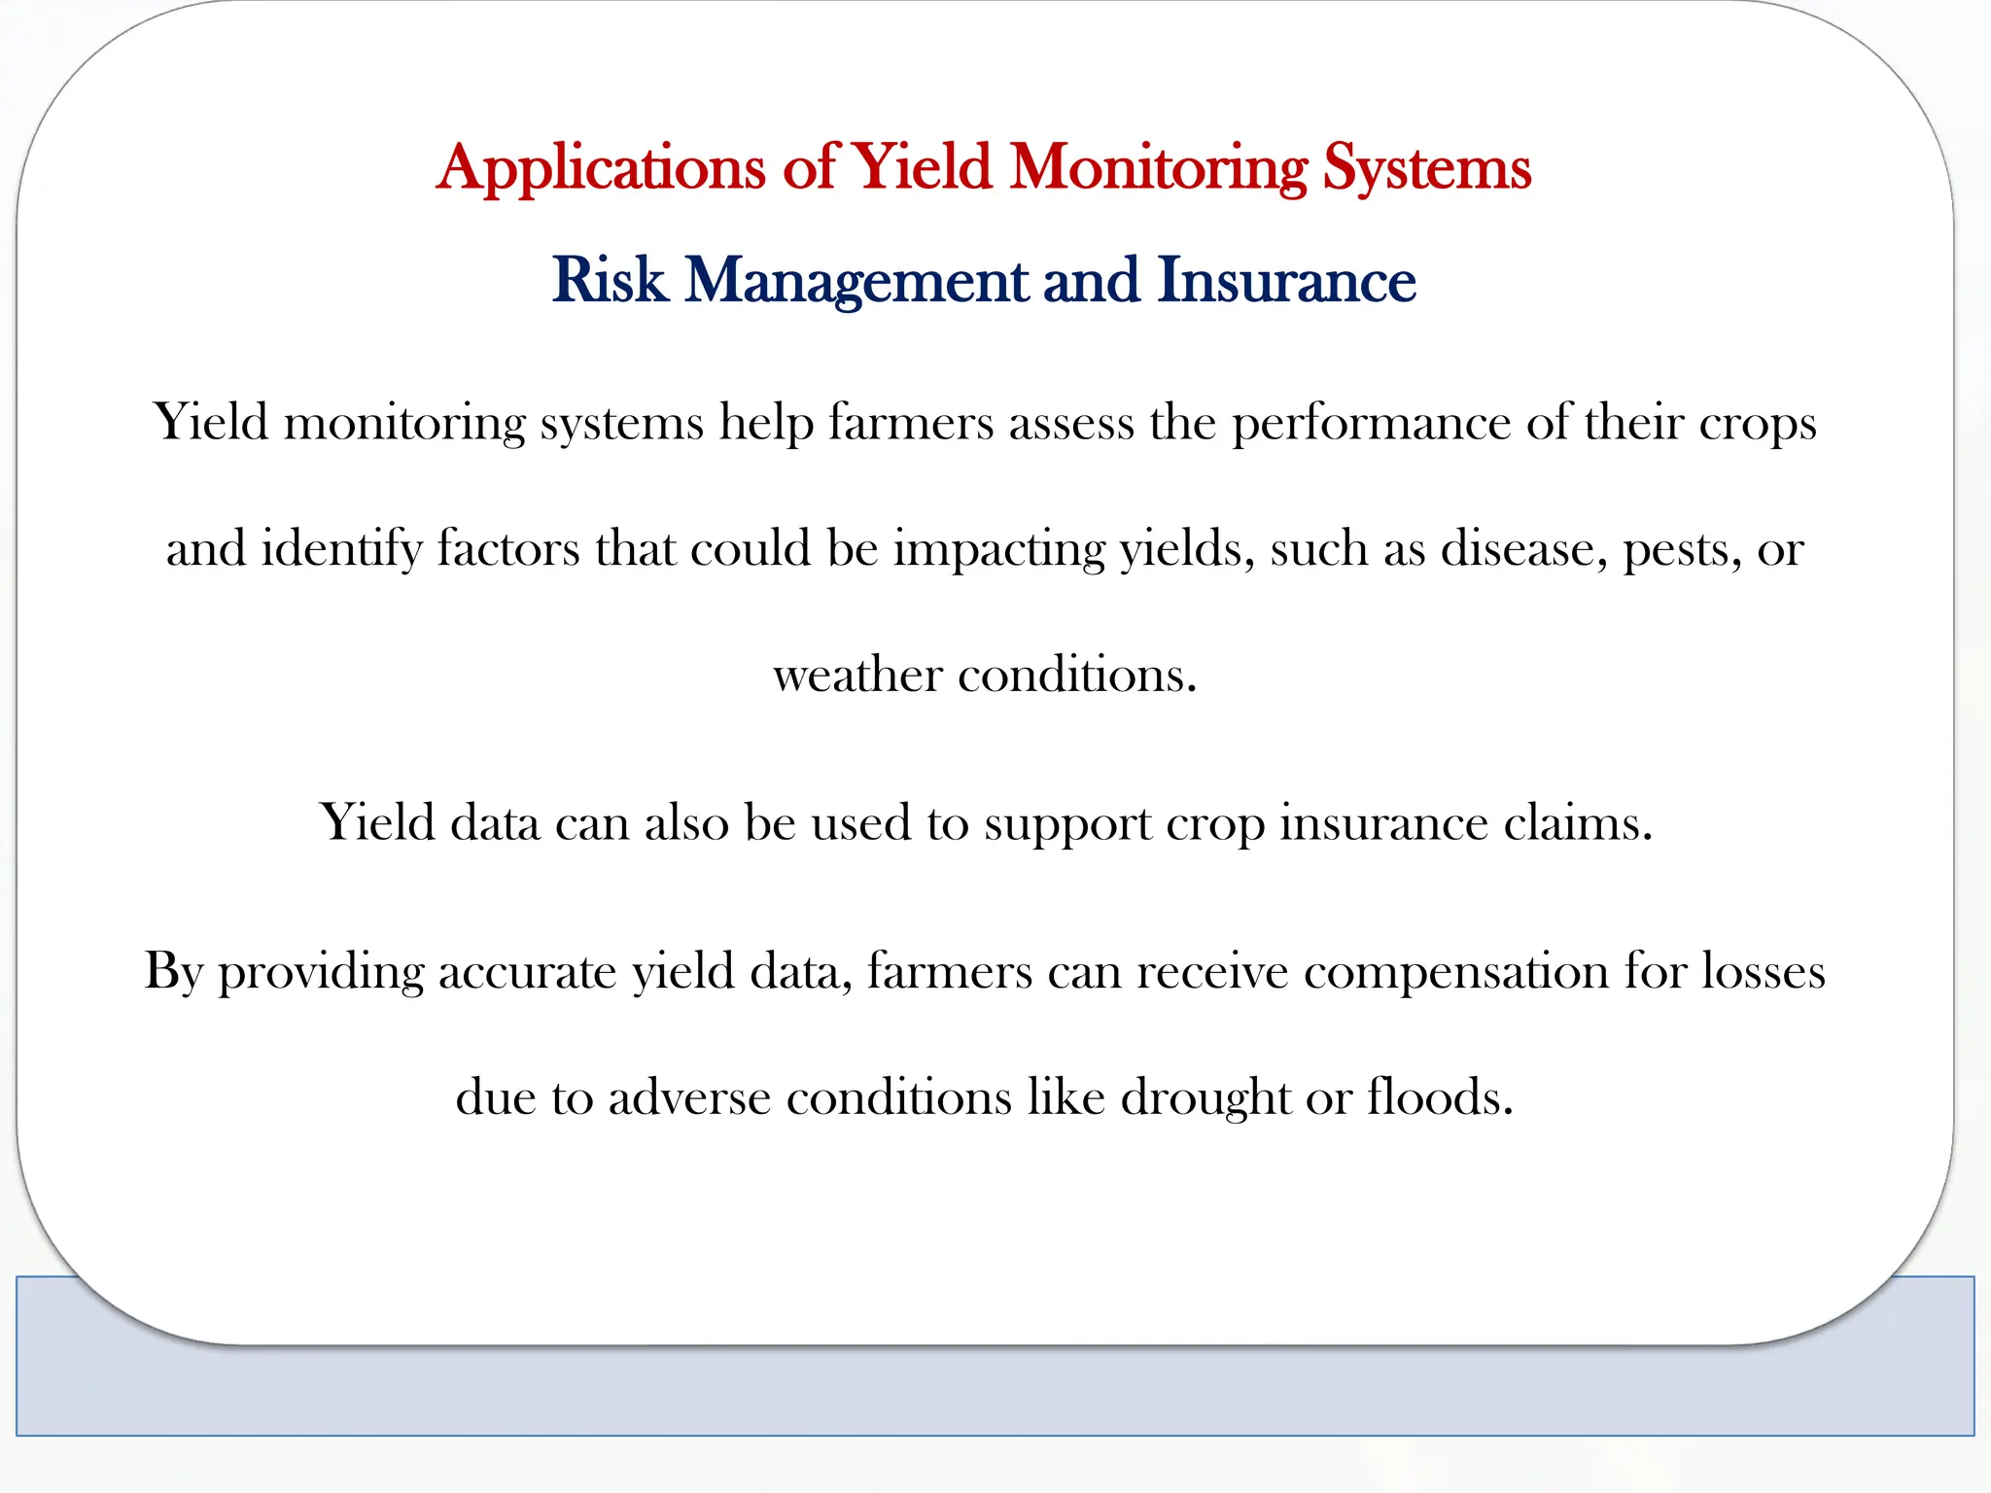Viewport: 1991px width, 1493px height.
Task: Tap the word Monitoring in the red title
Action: coord(1159,167)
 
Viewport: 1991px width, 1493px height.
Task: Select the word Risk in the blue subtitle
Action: coord(610,281)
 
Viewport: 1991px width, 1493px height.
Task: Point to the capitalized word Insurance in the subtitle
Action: coord(1286,281)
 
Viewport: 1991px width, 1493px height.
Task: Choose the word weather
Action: coord(857,675)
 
